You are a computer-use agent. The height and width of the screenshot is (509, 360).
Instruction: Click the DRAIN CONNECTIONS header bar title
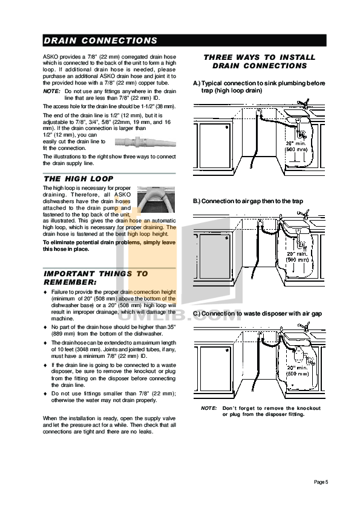pyautogui.click(x=100, y=41)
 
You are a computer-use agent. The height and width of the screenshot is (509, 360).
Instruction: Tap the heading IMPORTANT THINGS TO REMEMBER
pyautogui.click(x=95, y=277)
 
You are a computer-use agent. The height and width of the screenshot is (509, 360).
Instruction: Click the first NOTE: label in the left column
pyautogui.click(x=51, y=90)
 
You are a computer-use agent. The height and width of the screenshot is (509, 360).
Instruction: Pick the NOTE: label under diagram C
pyautogui.click(x=209, y=409)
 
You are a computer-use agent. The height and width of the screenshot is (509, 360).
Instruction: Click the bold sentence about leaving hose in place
pyautogui.click(x=110, y=245)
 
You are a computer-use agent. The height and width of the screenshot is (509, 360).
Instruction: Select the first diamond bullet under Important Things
pyautogui.click(x=45, y=293)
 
